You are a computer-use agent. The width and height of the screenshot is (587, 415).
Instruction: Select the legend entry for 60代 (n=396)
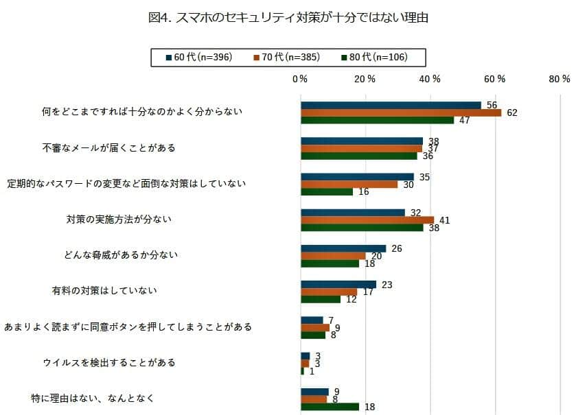click(203, 57)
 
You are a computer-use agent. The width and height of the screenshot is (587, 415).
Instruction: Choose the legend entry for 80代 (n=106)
click(378, 57)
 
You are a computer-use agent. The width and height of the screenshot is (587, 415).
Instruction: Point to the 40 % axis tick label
click(430, 79)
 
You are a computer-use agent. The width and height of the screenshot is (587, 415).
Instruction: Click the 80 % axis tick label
click(560, 79)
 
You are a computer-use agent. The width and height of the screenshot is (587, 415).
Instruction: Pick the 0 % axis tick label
click(299, 79)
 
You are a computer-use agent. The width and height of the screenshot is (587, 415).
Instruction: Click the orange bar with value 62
click(401, 112)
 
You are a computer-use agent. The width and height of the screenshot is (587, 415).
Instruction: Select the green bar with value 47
click(377, 120)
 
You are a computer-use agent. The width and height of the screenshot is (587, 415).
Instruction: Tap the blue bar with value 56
click(391, 105)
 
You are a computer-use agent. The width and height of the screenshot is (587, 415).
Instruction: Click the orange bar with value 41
click(367, 220)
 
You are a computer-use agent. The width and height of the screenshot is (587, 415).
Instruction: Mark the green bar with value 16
click(327, 191)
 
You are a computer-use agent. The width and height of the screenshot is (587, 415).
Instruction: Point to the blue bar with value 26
click(343, 248)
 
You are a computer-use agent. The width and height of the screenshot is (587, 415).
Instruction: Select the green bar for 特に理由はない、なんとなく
click(330, 407)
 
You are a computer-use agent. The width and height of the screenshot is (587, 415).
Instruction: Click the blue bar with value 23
click(338, 284)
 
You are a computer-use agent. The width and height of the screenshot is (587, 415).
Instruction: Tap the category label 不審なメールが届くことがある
click(109, 147)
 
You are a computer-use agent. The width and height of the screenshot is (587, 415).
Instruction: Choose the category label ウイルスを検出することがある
click(109, 362)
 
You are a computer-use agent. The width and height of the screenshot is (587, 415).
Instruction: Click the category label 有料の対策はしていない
click(104, 290)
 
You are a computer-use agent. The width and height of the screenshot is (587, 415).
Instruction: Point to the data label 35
click(424, 176)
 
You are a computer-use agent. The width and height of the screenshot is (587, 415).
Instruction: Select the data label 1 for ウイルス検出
click(312, 371)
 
